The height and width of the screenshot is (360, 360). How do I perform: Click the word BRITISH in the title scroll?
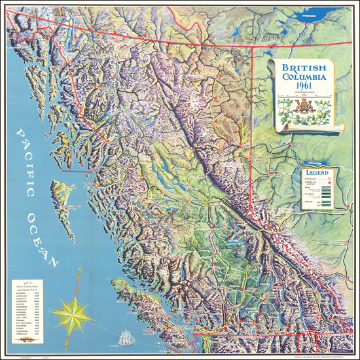(x=300, y=67)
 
